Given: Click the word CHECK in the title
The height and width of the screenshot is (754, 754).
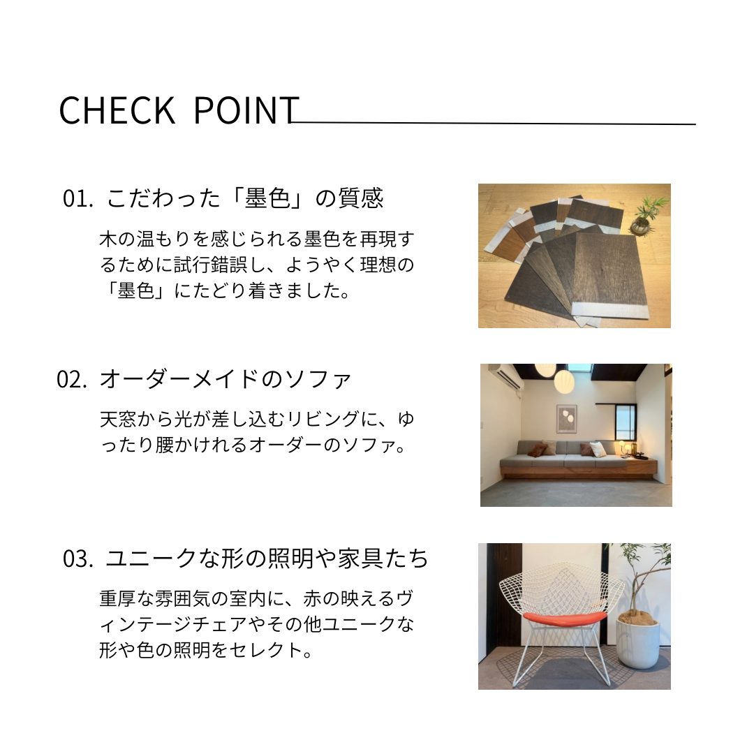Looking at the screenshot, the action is [x=117, y=110].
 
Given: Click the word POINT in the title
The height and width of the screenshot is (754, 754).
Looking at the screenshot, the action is [x=246, y=110].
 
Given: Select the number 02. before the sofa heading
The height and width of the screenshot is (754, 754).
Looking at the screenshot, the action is [x=72, y=379].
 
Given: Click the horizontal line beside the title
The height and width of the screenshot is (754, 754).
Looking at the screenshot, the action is [x=494, y=123].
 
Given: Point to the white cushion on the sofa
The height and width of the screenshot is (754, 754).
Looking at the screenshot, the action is [x=598, y=449].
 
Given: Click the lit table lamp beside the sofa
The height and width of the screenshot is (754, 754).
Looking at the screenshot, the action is [x=622, y=445].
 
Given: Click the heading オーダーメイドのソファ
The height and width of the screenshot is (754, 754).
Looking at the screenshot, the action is [x=226, y=379].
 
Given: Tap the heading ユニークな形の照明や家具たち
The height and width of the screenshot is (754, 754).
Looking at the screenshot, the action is [x=267, y=559].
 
